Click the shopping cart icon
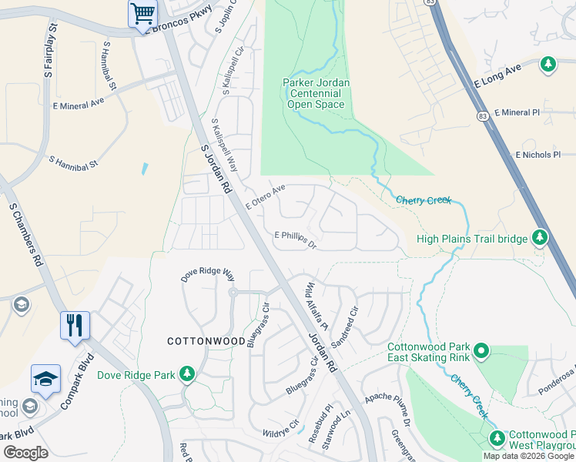142,13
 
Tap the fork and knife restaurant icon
75,324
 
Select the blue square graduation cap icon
45,379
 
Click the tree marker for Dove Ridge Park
186,374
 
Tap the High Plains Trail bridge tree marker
541,238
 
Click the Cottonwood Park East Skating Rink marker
482,352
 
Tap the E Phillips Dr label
296,240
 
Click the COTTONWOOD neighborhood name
201,340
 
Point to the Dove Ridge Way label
207,274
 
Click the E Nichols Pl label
544,155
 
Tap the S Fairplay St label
51,51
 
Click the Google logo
25,453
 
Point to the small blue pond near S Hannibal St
144,168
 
